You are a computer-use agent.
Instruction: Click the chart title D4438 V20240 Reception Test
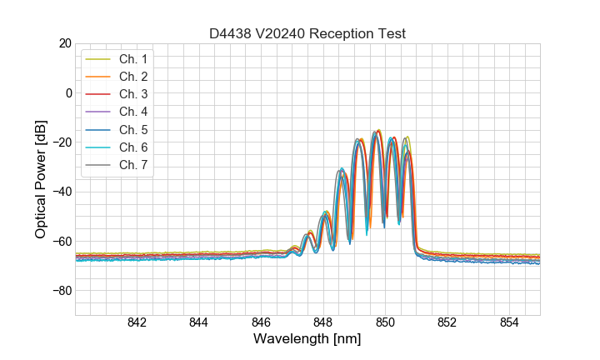coord(307,33)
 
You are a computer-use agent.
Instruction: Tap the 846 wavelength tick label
coord(261,323)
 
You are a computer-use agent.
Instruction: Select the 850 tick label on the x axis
coord(385,323)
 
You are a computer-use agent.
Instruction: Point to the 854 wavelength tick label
coord(509,323)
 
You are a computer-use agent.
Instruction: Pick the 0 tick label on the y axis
coord(68,92)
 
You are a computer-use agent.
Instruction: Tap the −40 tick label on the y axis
coord(62,192)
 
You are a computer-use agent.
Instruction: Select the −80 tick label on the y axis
coord(62,291)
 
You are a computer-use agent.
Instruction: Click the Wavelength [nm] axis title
coord(307,340)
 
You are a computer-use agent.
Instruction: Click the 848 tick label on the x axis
coord(323,323)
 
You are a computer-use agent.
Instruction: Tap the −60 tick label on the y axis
coord(62,241)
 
